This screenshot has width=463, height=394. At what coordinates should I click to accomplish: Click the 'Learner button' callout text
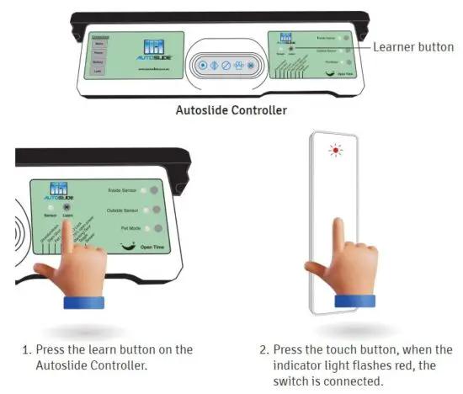[412, 48]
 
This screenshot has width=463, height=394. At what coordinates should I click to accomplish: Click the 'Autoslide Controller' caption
[231, 110]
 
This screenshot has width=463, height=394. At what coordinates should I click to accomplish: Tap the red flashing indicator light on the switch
[337, 151]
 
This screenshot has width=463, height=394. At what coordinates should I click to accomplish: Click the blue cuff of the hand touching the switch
[354, 301]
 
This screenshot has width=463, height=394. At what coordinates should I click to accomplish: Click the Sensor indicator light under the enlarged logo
[51, 207]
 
